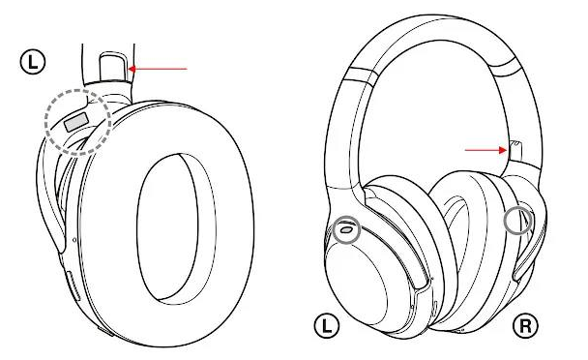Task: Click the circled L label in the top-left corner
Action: (33, 62)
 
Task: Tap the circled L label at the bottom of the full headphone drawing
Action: (326, 325)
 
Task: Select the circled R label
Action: (525, 325)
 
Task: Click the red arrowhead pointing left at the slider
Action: (132, 69)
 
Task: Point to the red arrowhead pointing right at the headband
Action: (503, 150)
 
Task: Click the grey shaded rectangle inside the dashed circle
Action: (76, 122)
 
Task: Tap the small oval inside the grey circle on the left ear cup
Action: (346, 228)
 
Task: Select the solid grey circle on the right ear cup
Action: (518, 221)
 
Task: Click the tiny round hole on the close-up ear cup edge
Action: (74, 239)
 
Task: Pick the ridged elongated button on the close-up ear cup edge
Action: (73, 286)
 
